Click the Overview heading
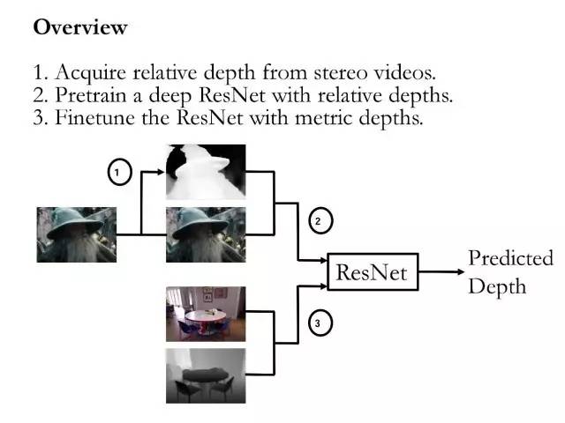(80, 27)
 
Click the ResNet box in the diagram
(372, 273)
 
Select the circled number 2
(317, 221)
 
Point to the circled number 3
(317, 324)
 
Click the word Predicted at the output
(510, 258)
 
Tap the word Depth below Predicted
(497, 286)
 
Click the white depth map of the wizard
(206, 172)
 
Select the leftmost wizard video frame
(76, 234)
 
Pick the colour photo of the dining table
(206, 314)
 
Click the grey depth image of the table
(206, 375)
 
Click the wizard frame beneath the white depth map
(206, 234)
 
